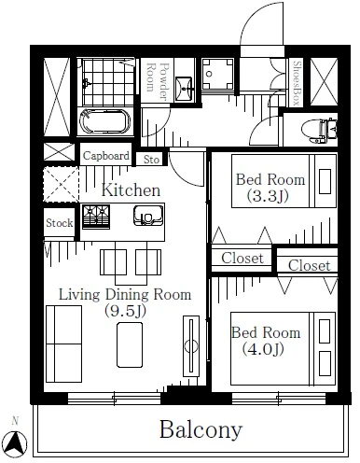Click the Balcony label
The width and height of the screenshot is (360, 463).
click(x=201, y=430)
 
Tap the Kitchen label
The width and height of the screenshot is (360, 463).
click(x=131, y=189)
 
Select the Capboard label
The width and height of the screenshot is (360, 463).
click(x=105, y=156)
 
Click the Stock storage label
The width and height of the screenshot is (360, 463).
click(x=60, y=223)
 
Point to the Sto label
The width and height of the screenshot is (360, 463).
click(x=151, y=160)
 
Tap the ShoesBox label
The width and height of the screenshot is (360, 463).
click(x=298, y=82)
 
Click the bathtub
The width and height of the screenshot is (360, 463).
click(x=105, y=121)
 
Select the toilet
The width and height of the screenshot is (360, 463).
click(x=319, y=130)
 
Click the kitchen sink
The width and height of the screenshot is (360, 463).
click(x=148, y=215)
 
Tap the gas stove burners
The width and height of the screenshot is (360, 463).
click(x=96, y=217)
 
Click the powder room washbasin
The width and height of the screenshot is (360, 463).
click(x=184, y=90)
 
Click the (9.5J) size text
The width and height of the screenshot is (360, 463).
click(x=125, y=311)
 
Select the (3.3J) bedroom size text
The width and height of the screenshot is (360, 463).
click(x=268, y=196)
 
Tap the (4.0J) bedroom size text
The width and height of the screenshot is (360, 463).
click(x=263, y=349)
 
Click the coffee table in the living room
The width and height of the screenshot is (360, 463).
click(x=130, y=344)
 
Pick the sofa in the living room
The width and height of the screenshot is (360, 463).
click(x=63, y=344)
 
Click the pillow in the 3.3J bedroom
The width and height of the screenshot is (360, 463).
click(x=325, y=181)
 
